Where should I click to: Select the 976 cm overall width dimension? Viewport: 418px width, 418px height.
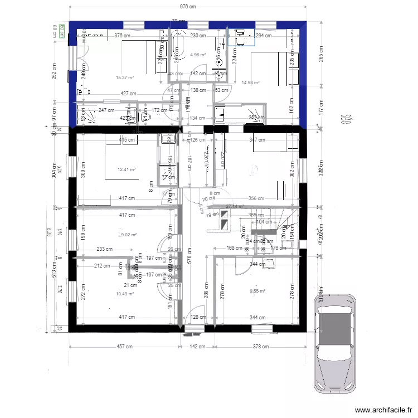pyautogui.click(x=188, y=7)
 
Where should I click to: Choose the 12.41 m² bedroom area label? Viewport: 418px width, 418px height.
pyautogui.click(x=127, y=169)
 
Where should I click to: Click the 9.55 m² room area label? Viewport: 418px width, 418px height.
pyautogui.click(x=257, y=290)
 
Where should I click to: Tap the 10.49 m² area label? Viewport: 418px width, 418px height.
pyautogui.click(x=125, y=294)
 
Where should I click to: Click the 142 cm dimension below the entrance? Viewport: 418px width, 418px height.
pyautogui.click(x=198, y=347)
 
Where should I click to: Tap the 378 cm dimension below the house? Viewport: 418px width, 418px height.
pyautogui.click(x=260, y=347)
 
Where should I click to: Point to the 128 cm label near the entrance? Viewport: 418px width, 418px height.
pyautogui.click(x=197, y=317)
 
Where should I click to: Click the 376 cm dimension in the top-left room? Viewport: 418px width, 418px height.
pyautogui.click(x=122, y=36)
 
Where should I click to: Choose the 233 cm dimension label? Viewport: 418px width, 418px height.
pyautogui.click(x=105, y=250)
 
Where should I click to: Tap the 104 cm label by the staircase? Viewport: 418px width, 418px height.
pyautogui.click(x=264, y=221)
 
